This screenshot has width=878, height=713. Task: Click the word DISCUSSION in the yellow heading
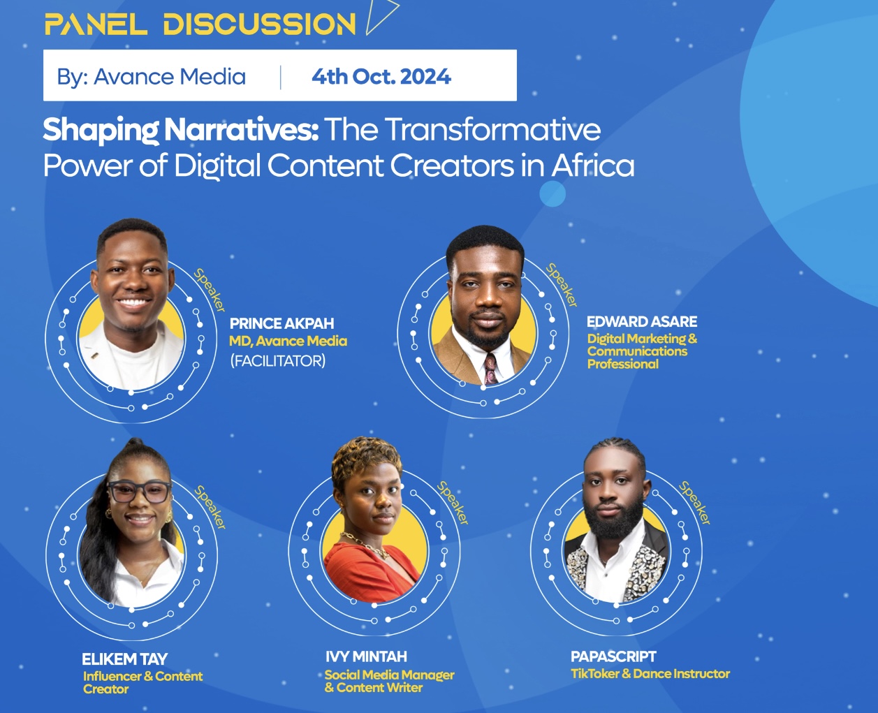point(259,24)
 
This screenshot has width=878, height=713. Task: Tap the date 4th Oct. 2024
point(381,77)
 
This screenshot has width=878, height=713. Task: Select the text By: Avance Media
point(152,77)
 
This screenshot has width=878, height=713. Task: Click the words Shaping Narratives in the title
point(180,130)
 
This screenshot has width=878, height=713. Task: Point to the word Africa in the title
point(593,166)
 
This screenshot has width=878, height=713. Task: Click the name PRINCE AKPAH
point(282,323)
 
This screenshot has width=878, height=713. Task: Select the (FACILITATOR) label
point(278,361)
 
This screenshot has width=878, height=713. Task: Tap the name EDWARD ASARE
point(642,321)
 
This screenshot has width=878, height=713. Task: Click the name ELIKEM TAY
point(125,659)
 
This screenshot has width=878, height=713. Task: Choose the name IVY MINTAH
point(366,656)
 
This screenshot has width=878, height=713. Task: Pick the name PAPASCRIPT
point(613,656)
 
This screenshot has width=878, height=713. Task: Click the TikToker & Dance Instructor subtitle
point(650,674)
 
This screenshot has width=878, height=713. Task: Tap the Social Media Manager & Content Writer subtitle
point(389,682)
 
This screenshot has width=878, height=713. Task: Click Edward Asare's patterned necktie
point(490,369)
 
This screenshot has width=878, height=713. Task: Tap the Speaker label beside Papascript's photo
point(694,503)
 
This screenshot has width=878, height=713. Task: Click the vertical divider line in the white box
point(280,77)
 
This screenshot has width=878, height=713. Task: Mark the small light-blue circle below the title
point(553,193)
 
